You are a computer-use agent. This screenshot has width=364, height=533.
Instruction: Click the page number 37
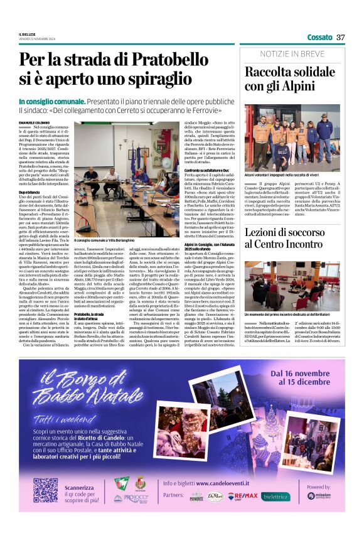click(341, 37)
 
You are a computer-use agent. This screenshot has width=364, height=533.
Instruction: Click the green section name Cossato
click(319, 37)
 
